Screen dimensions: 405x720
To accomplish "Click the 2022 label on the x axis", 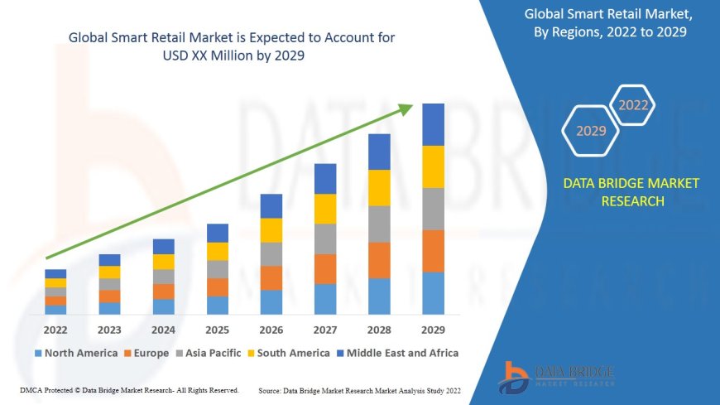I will (55, 329).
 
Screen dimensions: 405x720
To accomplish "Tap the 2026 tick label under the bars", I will (271, 329).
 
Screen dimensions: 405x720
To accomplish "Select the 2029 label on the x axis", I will (433, 329).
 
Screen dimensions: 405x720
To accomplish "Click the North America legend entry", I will (75, 353).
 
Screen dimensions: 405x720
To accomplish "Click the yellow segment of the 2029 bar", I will (433, 166).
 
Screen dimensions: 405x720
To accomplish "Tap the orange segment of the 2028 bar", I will (379, 260).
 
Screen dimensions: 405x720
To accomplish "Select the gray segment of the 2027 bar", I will (325, 239).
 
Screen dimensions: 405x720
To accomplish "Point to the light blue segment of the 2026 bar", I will (271, 301).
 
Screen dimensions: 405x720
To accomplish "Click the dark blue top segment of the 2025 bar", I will (218, 233).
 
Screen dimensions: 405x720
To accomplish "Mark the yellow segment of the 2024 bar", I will (164, 262).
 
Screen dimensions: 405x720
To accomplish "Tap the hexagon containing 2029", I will (590, 131).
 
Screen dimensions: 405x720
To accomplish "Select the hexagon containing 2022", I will (633, 105).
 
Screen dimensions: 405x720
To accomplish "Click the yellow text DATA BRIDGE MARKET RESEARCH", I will (631, 192).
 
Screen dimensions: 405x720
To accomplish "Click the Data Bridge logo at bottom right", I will (556, 378).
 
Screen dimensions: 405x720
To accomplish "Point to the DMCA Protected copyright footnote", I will (129, 389).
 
